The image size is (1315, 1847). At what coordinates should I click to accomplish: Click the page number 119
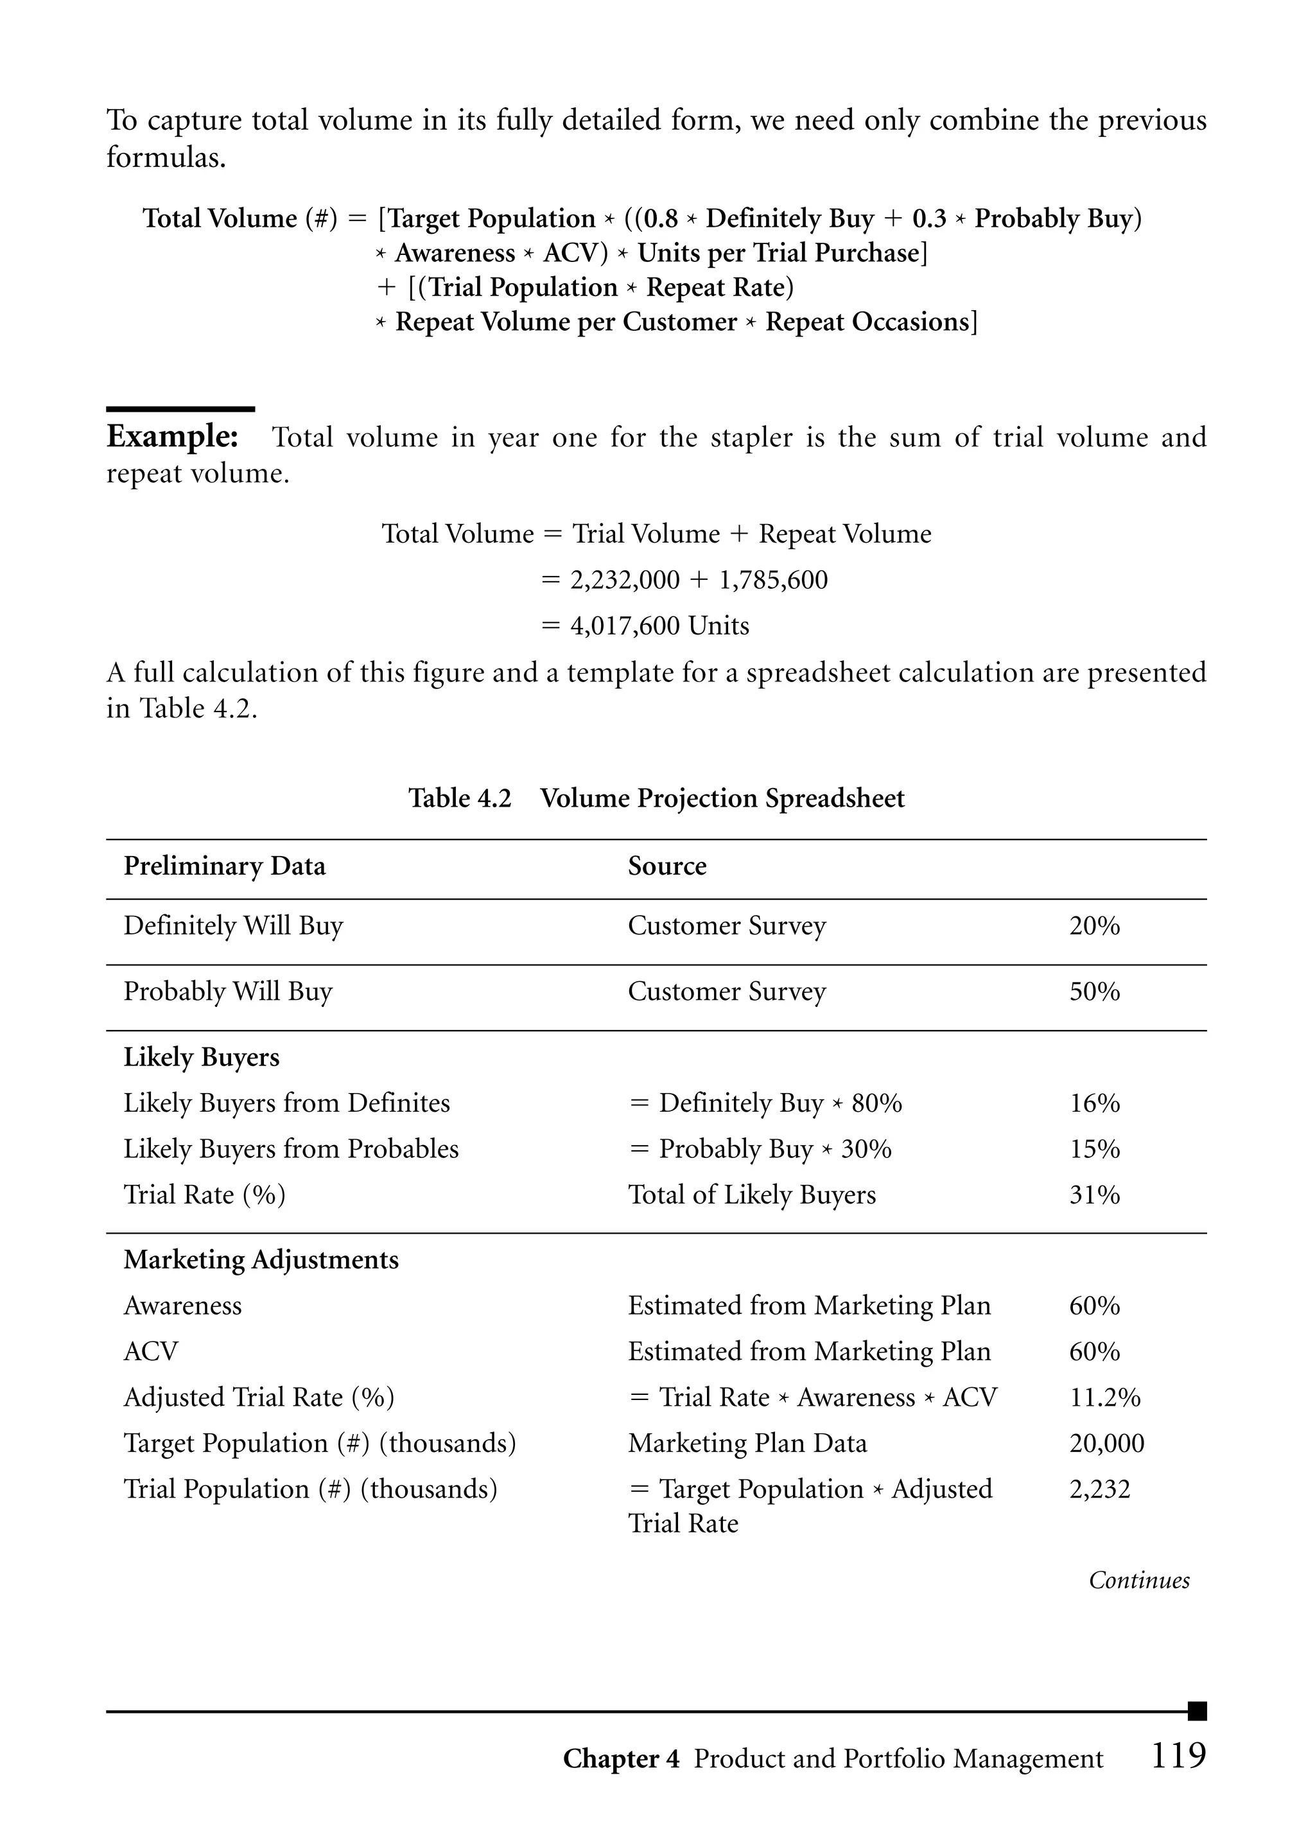point(1178,1756)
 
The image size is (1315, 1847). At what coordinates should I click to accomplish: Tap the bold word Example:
point(173,437)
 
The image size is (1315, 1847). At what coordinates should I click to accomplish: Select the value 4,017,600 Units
point(660,626)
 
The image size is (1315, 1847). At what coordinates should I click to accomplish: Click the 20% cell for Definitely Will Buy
point(1094,925)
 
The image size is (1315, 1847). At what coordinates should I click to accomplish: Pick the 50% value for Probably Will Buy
point(1094,991)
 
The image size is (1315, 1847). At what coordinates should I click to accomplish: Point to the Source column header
point(666,866)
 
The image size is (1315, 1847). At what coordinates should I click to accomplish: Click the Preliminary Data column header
point(224,866)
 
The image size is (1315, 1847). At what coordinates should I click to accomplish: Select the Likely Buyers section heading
point(201,1058)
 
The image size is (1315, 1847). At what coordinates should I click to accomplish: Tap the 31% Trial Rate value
point(1094,1195)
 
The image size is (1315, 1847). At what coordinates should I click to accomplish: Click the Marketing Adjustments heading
point(261,1260)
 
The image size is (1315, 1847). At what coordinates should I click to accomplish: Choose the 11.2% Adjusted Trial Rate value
point(1104,1397)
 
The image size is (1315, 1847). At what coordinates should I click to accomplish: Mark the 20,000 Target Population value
point(1106,1443)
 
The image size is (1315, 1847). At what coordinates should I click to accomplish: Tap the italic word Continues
point(1138,1580)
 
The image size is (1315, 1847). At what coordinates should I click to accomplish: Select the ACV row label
point(151,1351)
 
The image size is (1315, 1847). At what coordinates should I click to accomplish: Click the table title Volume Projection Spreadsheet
point(722,798)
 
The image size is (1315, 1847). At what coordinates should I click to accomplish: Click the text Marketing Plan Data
point(747,1443)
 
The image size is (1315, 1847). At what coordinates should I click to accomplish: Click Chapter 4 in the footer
point(621,1759)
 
